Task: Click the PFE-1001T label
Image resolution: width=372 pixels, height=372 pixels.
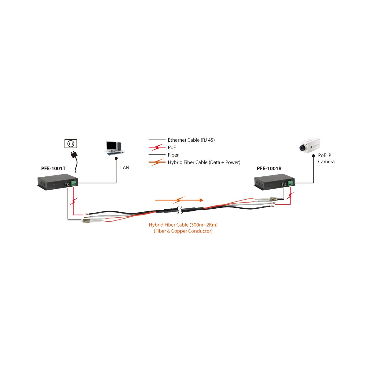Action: point(53,169)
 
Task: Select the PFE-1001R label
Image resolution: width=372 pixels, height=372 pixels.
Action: point(269,169)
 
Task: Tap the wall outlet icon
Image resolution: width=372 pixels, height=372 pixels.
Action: point(71,144)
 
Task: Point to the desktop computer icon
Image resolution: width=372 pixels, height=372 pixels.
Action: point(114,148)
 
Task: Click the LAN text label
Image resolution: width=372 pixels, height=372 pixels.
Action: point(125,168)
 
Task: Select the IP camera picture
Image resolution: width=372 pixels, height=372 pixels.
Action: point(310,145)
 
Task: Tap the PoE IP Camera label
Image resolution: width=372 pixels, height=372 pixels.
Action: point(326,158)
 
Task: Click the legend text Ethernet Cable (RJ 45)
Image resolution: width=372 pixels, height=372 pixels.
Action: point(191,140)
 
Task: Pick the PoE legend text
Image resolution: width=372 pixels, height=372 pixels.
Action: point(172,148)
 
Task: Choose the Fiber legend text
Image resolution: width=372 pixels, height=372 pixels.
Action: point(173,155)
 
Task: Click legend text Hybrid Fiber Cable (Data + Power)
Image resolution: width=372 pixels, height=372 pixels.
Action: point(204,162)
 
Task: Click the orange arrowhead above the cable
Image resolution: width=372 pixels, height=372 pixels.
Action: point(201,200)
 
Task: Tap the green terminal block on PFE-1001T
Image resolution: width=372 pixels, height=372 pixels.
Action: point(74,183)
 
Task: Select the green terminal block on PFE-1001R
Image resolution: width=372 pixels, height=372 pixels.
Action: point(290,183)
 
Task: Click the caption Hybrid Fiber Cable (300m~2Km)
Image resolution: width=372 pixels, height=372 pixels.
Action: point(183,225)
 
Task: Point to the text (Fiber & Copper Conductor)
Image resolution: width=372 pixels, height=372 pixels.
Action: point(183,231)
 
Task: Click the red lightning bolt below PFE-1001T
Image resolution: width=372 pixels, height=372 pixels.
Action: point(74,201)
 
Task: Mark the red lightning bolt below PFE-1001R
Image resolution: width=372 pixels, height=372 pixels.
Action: point(290,196)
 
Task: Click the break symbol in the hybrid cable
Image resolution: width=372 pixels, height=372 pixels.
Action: point(180,210)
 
